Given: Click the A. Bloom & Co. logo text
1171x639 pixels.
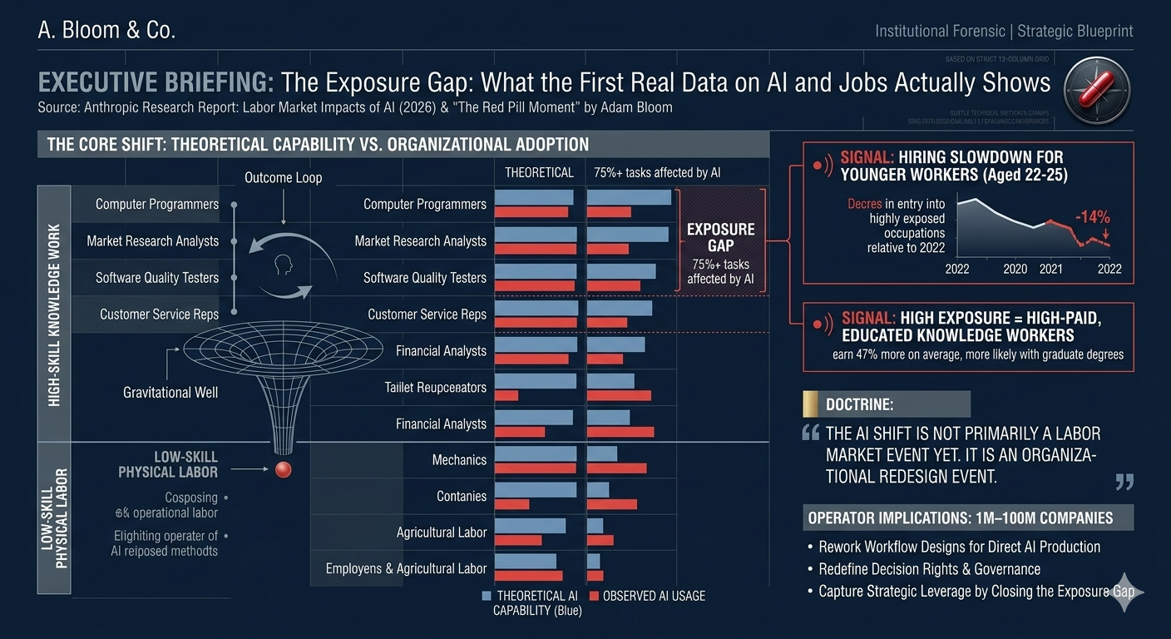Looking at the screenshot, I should point(106,31).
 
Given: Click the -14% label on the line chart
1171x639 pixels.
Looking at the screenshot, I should point(1092,217).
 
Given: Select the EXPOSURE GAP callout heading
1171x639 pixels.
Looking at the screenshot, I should point(720,237).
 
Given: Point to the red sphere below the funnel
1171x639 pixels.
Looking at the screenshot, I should point(284,470).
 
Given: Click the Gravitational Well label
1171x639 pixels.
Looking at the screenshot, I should point(170,392).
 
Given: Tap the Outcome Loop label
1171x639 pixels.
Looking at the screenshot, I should point(283,178).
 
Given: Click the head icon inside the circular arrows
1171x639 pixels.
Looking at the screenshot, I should point(283,265).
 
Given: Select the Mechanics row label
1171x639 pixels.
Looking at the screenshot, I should point(459,460).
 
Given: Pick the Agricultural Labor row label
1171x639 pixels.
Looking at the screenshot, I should point(441,532).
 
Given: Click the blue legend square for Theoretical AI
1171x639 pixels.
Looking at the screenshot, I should point(487,596).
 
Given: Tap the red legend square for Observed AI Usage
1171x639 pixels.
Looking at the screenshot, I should point(594,596).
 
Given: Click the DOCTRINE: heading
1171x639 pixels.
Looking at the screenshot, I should point(859,404).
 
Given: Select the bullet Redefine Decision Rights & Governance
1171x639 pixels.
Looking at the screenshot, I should point(929,569).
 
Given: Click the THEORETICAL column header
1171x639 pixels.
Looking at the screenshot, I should point(539,173).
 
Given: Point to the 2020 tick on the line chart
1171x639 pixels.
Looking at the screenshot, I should point(1015,269).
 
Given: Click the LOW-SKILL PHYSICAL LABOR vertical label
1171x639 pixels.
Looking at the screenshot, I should point(54,518).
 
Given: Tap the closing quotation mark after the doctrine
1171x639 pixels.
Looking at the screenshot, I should point(1124,482).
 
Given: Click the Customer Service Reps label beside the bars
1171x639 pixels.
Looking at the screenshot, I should point(427,315).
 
